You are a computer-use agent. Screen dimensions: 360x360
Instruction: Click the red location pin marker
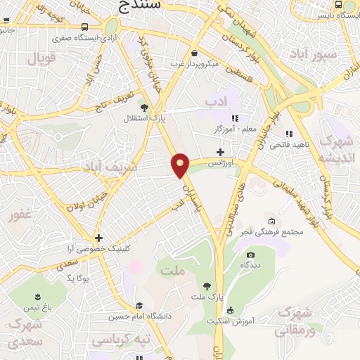click(x=181, y=165)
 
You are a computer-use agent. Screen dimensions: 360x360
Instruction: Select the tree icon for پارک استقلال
click(x=144, y=108)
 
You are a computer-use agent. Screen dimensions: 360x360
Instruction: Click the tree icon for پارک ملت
click(x=207, y=285)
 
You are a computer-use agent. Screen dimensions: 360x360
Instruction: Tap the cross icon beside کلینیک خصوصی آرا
click(x=99, y=238)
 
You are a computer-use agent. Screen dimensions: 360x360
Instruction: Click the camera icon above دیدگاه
click(x=250, y=255)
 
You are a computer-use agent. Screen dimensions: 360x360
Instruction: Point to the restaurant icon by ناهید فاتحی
click(x=288, y=134)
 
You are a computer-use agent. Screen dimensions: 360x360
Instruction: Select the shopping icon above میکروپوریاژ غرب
click(x=194, y=53)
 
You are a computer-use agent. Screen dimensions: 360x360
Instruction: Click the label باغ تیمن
click(x=40, y=309)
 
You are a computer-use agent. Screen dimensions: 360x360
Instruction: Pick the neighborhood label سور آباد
click(x=335, y=54)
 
